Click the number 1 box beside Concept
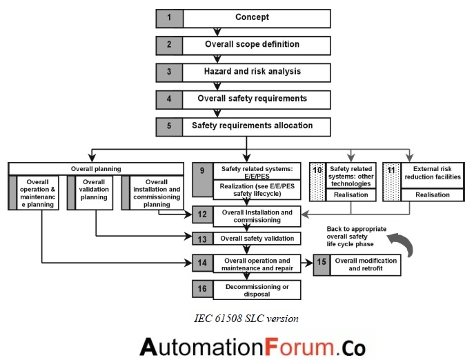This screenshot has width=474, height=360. pos(169,17)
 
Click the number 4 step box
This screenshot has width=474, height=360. pos(169,99)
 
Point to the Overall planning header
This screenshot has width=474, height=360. pos(96,168)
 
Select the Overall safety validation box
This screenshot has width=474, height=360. pos(256,239)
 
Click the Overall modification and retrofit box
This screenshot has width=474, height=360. pos(368,265)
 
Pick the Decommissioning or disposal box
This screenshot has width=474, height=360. pos(256,290)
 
